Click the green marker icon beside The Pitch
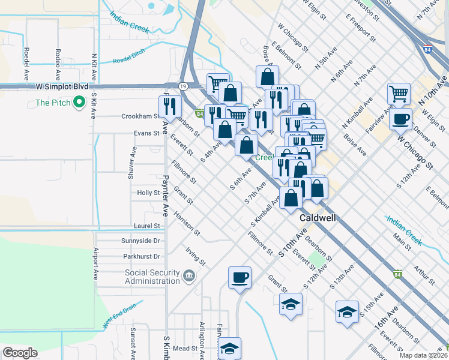[x=79, y=103]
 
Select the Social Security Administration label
[x=152, y=277]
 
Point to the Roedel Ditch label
[x=129, y=57]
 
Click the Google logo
[x=20, y=353]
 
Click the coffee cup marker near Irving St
[x=240, y=277]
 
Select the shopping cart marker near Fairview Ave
[x=398, y=94]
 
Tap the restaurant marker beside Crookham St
[x=172, y=106]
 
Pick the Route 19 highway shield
[x=182, y=86]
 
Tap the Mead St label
[x=185, y=348]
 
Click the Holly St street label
[x=148, y=193]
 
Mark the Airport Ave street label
[x=95, y=265]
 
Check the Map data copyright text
[x=423, y=355]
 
